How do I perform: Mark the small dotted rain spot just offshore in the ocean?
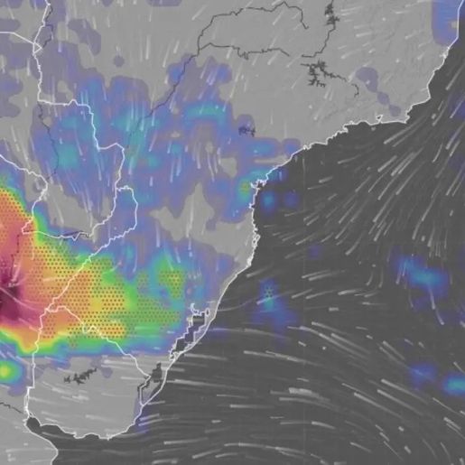[x=268, y=292]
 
